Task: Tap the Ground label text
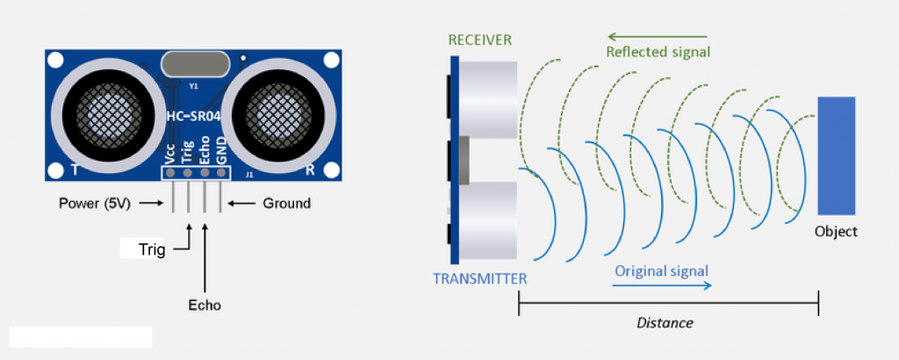tap(286, 203)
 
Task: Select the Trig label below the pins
tap(152, 250)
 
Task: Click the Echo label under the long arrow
tap(205, 306)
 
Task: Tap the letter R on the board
tap(309, 169)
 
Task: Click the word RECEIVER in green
tap(480, 40)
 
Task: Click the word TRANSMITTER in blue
tap(480, 279)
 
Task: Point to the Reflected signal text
tap(658, 53)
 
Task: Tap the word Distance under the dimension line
tap(665, 322)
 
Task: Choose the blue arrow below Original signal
tap(661, 285)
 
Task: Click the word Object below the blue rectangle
tap(835, 232)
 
